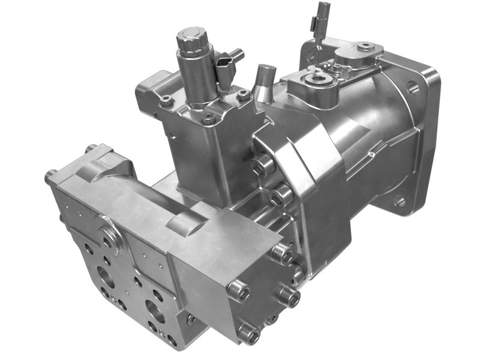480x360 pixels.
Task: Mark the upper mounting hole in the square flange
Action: coord(413,88)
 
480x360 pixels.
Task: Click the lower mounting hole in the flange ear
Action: coord(400,201)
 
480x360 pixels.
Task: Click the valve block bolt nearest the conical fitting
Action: coord(244,95)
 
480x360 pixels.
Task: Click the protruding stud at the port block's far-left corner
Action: coord(51,176)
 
